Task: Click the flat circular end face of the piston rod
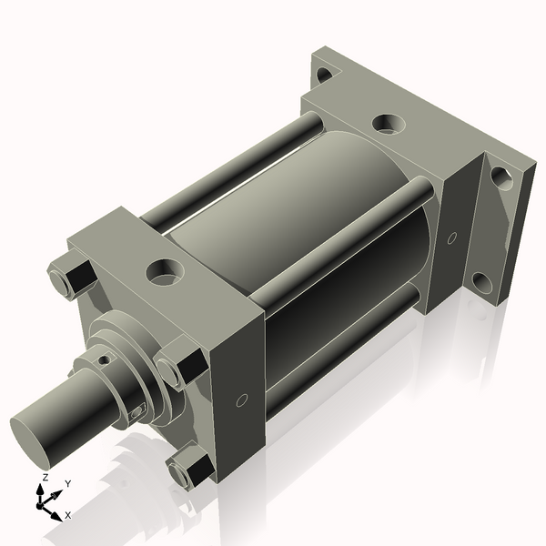coord(33,427)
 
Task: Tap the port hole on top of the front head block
coord(166,270)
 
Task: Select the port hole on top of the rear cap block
coord(389,122)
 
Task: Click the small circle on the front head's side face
coord(241,399)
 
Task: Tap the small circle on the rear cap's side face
coord(452,238)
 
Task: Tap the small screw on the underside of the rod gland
coord(136,413)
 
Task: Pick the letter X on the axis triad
coord(67,515)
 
